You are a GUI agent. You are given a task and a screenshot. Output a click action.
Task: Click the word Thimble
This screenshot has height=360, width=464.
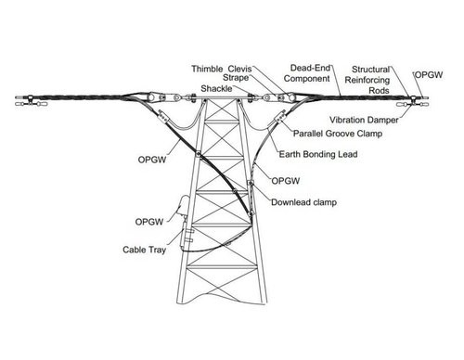(209, 68)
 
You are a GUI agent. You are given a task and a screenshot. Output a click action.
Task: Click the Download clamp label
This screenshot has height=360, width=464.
(303, 201)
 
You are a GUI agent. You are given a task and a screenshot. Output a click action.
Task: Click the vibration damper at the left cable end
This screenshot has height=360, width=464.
(28, 104)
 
